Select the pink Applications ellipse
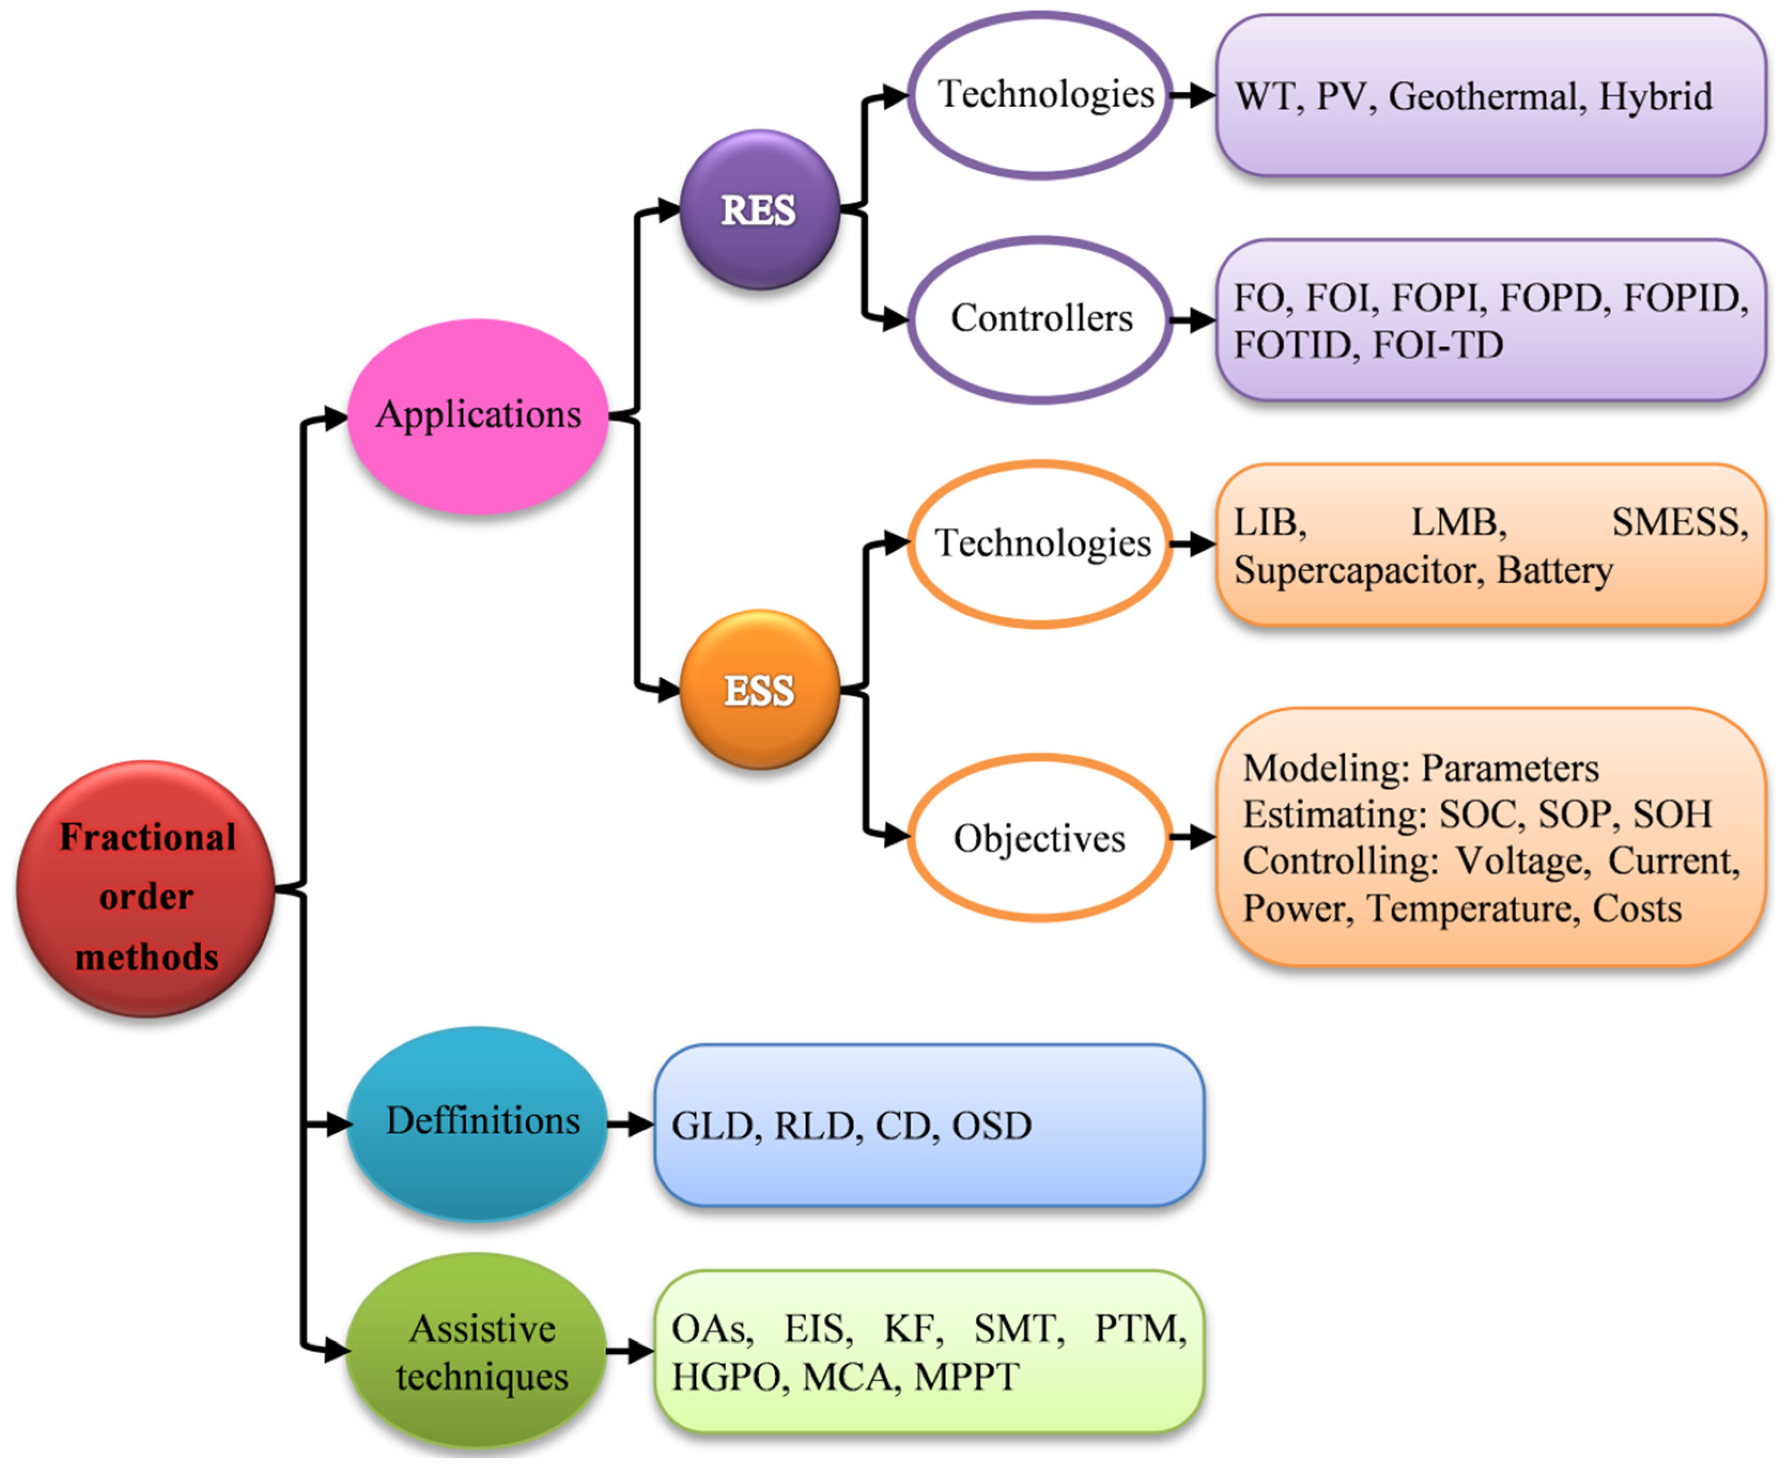pos(478,416)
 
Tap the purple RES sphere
pos(759,209)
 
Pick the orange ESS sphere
pos(759,690)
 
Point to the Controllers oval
pos(1040,319)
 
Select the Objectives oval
pos(1040,838)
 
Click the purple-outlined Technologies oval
pos(1040,95)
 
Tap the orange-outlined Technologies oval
pos(1040,544)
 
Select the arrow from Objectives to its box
pos(1193,838)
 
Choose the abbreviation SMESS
pos(1679,523)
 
